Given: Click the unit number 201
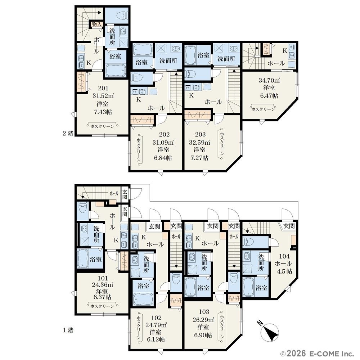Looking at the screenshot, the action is coord(103,88).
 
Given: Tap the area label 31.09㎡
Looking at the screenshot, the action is coord(163,142).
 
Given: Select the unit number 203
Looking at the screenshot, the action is coord(200,134).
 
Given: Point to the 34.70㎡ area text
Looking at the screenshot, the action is coord(269,80).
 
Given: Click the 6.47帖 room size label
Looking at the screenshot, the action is coord(269,95).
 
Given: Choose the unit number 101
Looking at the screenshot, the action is coord(103,278).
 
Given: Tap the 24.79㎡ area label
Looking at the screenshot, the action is coord(156,325).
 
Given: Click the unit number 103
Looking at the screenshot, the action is coord(204,311).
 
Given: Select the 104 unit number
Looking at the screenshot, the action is coord(284,256).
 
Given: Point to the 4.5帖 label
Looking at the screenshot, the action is coord(284,271).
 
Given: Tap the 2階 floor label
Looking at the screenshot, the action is coord(68,133).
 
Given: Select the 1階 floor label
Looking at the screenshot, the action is coord(68,330).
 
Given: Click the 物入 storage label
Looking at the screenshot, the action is coord(96,24).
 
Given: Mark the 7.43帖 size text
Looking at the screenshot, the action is coord(103,112).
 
